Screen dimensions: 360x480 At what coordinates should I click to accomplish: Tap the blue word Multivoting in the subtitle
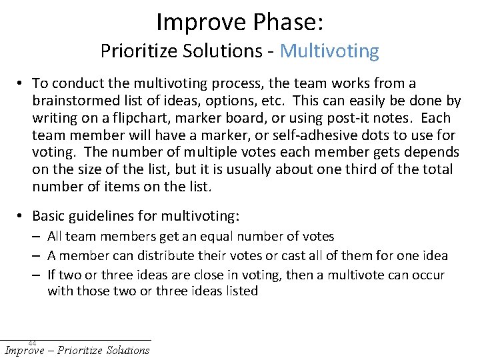pyautogui.click(x=329, y=51)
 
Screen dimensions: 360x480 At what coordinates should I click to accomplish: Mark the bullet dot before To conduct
pyautogui.click(x=22, y=84)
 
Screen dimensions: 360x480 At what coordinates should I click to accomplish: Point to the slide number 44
pyautogui.click(x=32, y=343)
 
